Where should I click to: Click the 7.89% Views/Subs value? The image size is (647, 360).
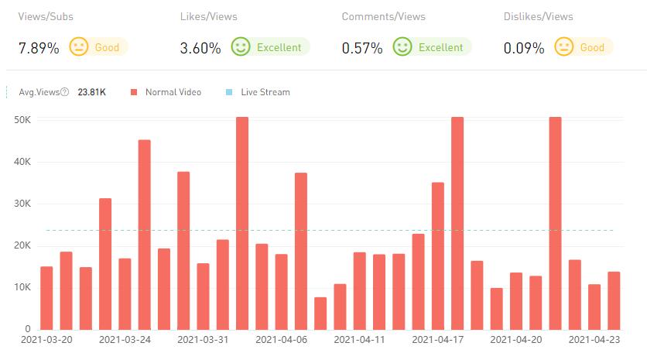pyautogui.click(x=39, y=48)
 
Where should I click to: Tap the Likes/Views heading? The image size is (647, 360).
pyautogui.click(x=208, y=16)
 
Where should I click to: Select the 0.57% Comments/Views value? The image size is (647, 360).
pyautogui.click(x=362, y=48)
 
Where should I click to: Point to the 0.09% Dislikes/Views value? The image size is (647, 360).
pyautogui.click(x=523, y=48)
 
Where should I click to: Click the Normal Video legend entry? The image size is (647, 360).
pyautogui.click(x=173, y=92)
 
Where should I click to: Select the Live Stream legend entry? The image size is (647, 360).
pyautogui.click(x=264, y=92)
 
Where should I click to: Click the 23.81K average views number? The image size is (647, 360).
pyautogui.click(x=92, y=92)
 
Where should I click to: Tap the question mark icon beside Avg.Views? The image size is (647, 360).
pyautogui.click(x=64, y=92)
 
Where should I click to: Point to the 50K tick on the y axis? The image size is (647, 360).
pyautogui.click(x=22, y=120)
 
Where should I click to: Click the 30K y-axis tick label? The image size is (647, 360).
pyautogui.click(x=22, y=204)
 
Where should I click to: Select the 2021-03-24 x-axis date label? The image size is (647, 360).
pyautogui.click(x=125, y=339)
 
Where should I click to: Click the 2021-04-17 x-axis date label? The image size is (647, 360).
pyautogui.click(x=438, y=339)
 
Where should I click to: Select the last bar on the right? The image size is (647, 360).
pyautogui.click(x=614, y=300)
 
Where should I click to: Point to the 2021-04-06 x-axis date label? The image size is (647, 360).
pyautogui.click(x=281, y=339)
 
